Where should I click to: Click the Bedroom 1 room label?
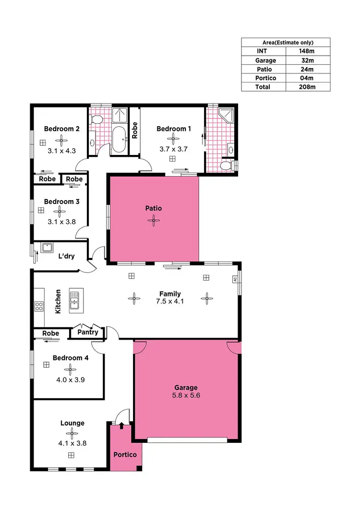(x=173, y=129)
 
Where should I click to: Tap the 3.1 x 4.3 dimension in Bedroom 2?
(x=61, y=150)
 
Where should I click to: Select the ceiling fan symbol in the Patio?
(x=154, y=220)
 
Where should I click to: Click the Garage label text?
(x=186, y=387)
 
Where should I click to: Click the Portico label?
(x=125, y=454)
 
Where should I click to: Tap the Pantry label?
(x=88, y=332)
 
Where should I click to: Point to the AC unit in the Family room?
(x=235, y=279)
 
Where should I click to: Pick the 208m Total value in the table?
(x=307, y=87)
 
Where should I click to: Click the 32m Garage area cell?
(x=307, y=60)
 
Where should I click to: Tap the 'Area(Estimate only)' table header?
(x=286, y=42)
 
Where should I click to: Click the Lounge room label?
(x=72, y=423)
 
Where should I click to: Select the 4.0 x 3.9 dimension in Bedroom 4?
(x=70, y=379)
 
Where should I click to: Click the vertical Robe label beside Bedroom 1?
(x=135, y=130)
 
